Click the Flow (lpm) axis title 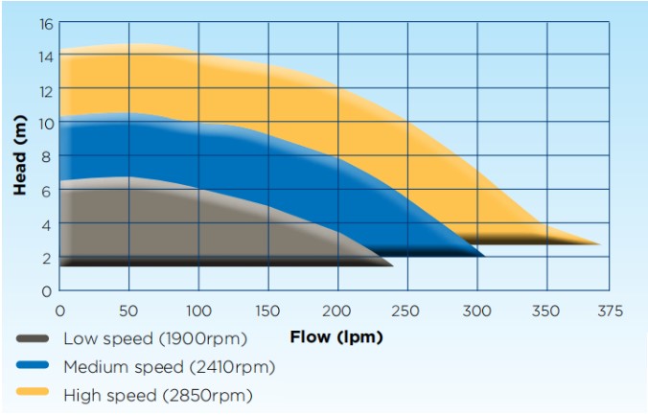tap(336, 336)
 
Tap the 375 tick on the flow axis tap(608, 311)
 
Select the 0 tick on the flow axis tap(59, 311)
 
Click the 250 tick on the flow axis tap(407, 311)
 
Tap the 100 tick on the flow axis tap(198, 311)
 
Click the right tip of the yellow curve tap(599, 244)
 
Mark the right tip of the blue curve tap(484, 256)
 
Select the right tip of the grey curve tap(392, 265)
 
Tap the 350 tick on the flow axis tap(546, 311)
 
